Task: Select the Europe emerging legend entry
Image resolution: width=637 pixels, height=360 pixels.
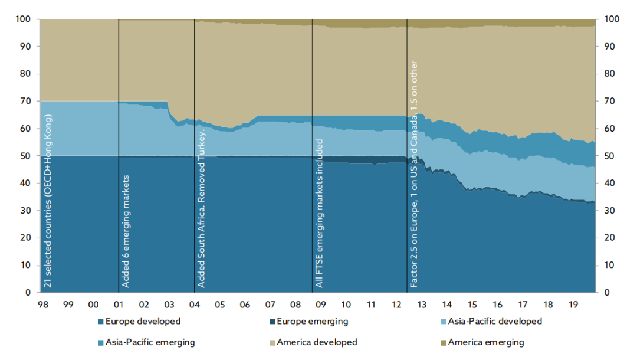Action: (312, 322)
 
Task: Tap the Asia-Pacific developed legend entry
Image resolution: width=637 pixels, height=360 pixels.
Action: (494, 322)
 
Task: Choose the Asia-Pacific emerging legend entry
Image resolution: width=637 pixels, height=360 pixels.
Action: (150, 342)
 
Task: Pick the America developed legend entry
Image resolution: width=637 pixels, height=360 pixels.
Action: (317, 342)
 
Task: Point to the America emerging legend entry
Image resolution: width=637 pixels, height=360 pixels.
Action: (485, 342)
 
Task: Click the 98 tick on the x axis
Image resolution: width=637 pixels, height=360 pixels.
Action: (42, 305)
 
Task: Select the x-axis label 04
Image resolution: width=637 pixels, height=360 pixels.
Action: (194, 305)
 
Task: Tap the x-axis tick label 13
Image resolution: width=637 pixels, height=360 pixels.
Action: (422, 305)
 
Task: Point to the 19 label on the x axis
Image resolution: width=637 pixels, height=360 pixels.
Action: (573, 305)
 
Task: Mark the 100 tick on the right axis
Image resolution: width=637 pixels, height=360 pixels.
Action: (612, 19)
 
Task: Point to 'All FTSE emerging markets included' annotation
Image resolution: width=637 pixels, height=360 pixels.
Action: (319, 214)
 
